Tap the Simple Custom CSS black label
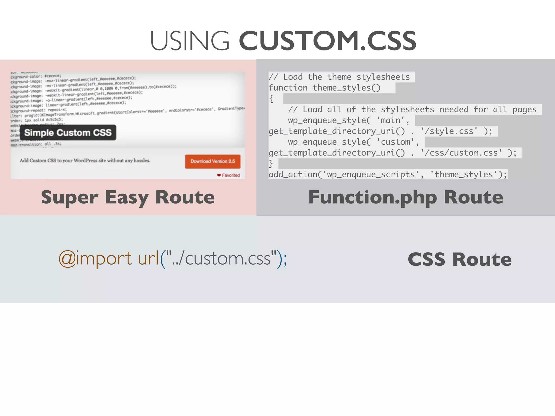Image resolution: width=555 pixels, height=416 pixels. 68,132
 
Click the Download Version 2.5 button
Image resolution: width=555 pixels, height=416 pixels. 213,161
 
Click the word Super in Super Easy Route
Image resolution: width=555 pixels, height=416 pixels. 69,197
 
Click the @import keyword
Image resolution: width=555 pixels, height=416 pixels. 95,259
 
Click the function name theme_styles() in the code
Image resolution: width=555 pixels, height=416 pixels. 347,88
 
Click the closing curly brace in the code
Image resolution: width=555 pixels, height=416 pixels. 271,164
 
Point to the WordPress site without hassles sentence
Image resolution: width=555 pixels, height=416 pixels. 85,161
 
